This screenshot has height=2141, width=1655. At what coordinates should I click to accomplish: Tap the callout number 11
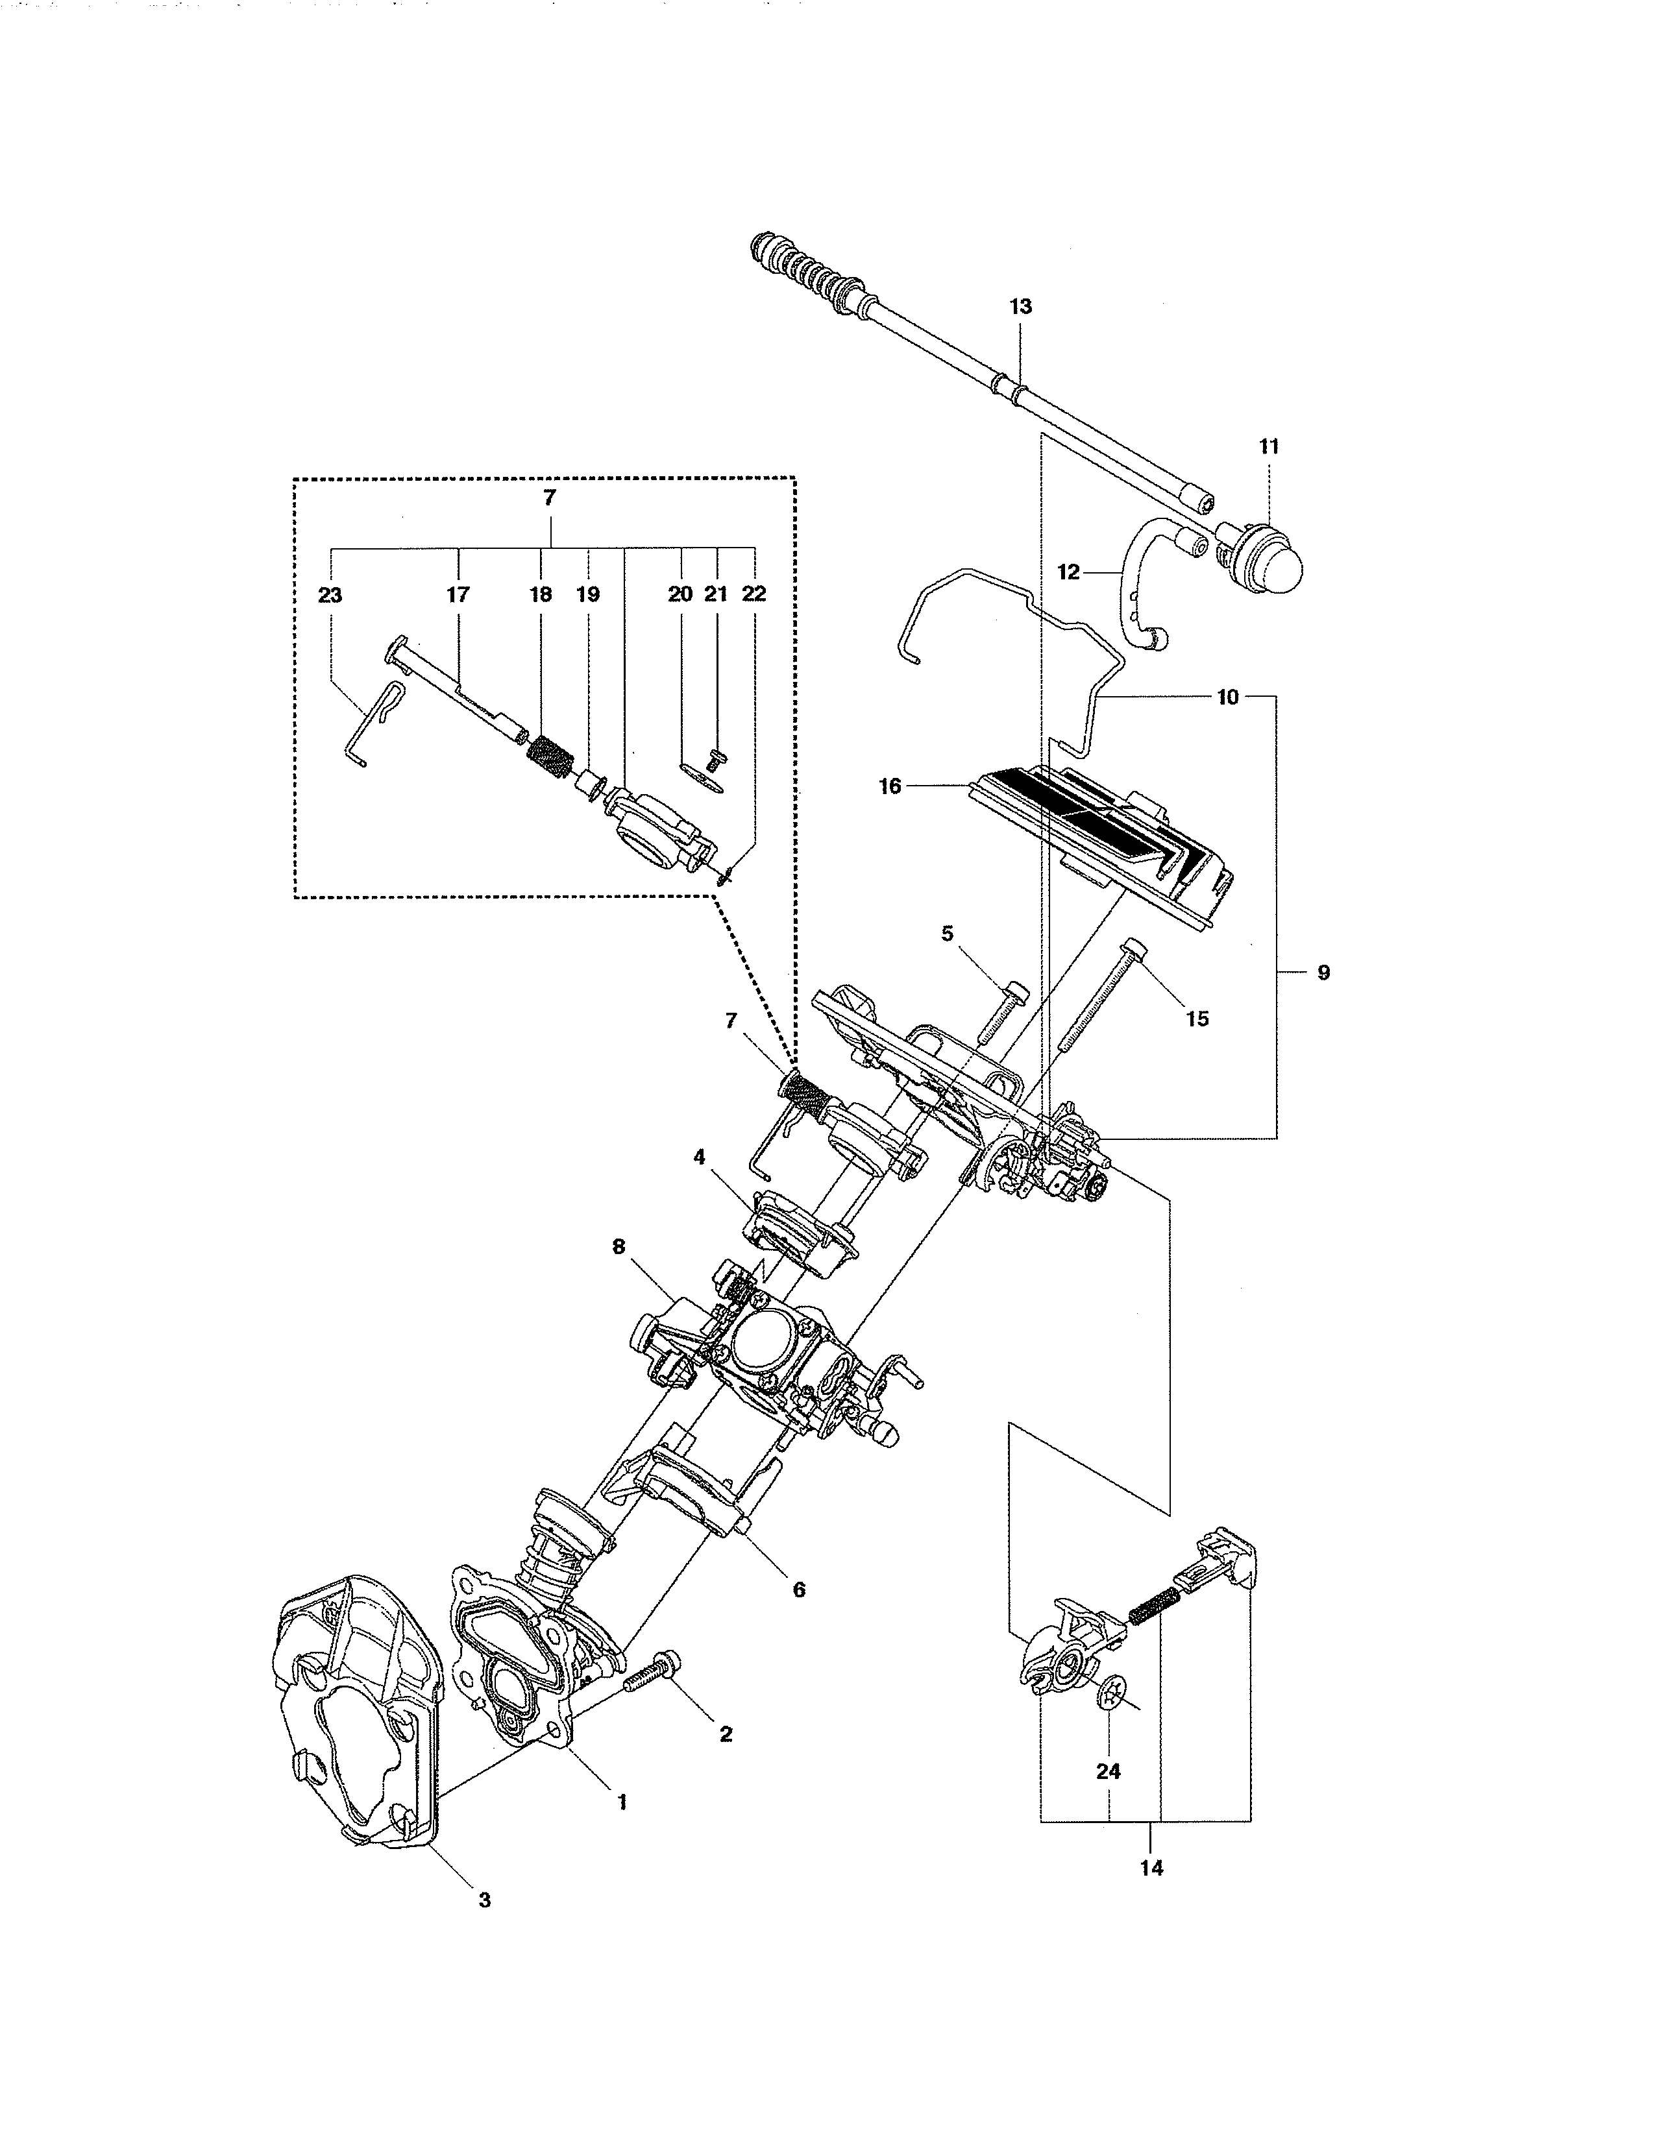coord(1269,446)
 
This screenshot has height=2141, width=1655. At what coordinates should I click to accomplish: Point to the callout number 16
coord(889,786)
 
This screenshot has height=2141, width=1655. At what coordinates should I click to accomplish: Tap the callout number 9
coord(1323,973)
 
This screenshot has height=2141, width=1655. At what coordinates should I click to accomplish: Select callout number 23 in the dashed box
coord(330,595)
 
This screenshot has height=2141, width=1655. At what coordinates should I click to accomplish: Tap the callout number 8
coord(618,1247)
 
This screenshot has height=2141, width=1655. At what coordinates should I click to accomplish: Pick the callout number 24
coord(1108,1771)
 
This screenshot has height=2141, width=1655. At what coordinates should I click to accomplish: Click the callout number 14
coord(1152,1867)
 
